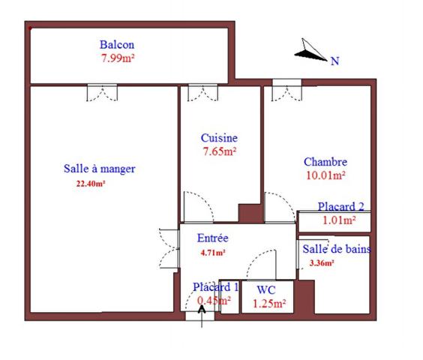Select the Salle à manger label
pyautogui.click(x=99, y=169)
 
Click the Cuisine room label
pyautogui.click(x=219, y=138)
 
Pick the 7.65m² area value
pyautogui.click(x=219, y=151)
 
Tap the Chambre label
pyautogui.click(x=325, y=162)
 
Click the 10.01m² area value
pyautogui.click(x=325, y=176)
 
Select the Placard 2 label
pyautogui.click(x=340, y=207)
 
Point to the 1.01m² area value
pyautogui.click(x=337, y=220)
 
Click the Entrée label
pyautogui.click(x=212, y=238)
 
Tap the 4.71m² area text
pyautogui.click(x=213, y=253)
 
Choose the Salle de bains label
pyautogui.click(x=336, y=249)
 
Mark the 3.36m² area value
pyautogui.click(x=322, y=263)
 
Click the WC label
pyautogui.click(x=266, y=290)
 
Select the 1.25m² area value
pyautogui.click(x=268, y=304)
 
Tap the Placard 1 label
pyautogui.click(x=215, y=287)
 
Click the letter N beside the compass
pyautogui.click(x=334, y=61)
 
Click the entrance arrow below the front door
pyautogui.click(x=202, y=314)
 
